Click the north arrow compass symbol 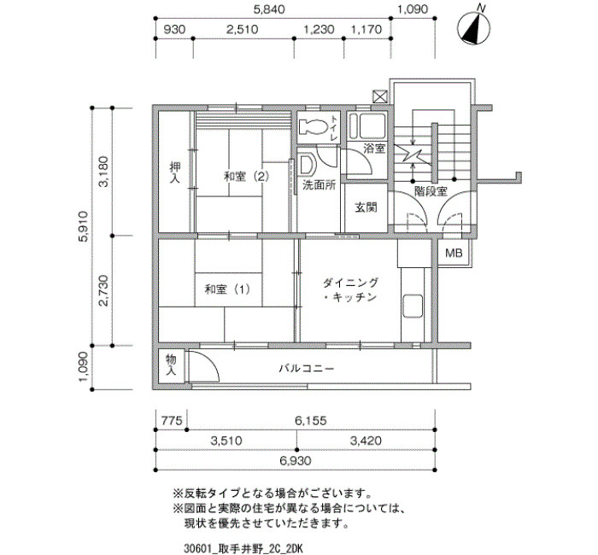point(475,27)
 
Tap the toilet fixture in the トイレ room point(314,126)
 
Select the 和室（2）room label point(246,177)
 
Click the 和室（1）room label point(227,289)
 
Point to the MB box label point(454,253)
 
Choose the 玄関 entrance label point(366,207)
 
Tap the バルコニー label point(307,369)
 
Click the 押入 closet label point(174,172)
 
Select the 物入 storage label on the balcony point(171,365)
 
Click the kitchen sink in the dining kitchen point(413,306)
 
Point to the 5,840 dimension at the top point(269,9)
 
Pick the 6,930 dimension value point(296,461)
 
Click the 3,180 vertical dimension point(104,172)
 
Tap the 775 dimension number point(172,421)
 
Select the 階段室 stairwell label point(431,191)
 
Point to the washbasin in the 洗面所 point(307,165)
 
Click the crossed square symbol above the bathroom point(380,96)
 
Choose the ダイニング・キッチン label point(350,289)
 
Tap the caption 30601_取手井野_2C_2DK point(243,549)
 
